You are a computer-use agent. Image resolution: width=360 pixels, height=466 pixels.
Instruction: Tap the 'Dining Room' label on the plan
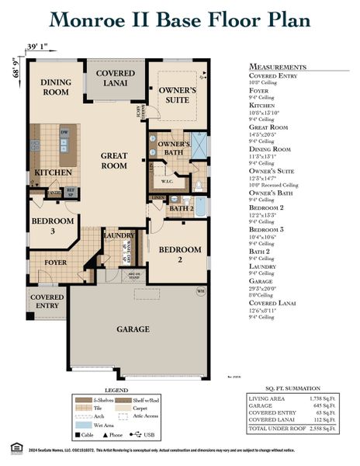(56, 87)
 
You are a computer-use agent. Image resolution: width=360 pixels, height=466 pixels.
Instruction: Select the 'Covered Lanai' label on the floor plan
(115, 78)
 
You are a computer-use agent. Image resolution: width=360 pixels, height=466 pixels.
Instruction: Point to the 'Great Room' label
(114, 160)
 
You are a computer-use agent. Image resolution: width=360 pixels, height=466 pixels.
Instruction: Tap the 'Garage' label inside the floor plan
(133, 329)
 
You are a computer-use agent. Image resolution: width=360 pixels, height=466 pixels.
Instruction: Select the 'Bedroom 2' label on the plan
(180, 256)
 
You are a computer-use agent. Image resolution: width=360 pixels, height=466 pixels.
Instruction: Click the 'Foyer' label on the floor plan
(55, 263)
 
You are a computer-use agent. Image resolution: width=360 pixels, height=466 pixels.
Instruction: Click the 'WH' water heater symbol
(200, 291)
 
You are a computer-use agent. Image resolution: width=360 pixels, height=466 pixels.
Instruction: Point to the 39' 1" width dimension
(36, 47)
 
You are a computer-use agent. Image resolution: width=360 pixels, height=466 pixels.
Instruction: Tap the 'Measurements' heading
(277, 68)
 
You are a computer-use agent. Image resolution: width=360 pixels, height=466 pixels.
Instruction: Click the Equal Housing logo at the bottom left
(10, 447)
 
